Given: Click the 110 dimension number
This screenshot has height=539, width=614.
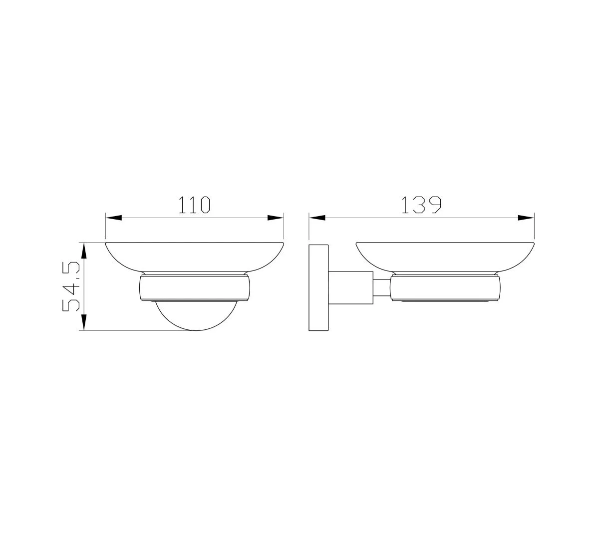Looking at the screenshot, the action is (194, 205).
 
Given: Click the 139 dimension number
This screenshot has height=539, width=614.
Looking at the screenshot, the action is (421, 205).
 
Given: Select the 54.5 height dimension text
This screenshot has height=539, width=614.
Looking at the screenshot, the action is (71, 286).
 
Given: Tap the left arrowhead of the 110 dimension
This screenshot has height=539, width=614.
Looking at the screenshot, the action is (114, 218).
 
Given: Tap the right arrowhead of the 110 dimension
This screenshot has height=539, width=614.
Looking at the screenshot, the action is (276, 218).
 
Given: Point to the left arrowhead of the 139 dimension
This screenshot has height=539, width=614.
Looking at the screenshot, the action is (317, 218).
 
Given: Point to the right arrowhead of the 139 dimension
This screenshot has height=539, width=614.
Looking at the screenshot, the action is (526, 218).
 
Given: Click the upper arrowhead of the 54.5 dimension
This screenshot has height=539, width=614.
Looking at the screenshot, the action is (84, 251).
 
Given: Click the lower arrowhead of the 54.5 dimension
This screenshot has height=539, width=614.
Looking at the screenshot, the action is (84, 322).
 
